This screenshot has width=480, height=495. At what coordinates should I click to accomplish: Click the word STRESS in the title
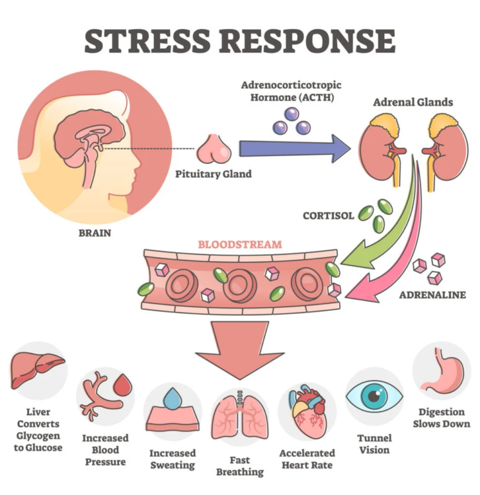(x=147, y=40)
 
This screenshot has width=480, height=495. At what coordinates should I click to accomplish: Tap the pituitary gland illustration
(x=214, y=150)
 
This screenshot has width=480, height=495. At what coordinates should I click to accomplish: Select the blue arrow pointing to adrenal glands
(x=295, y=148)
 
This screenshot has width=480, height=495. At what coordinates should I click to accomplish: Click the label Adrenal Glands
(x=412, y=102)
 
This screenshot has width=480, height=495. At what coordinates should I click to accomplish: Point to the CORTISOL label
(x=328, y=216)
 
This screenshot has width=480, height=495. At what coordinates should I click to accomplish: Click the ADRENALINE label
(x=432, y=295)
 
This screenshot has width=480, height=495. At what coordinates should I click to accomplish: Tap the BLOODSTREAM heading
(x=240, y=244)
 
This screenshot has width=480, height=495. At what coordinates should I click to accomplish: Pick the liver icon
(x=37, y=370)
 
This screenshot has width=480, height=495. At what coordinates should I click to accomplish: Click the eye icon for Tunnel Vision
(x=374, y=395)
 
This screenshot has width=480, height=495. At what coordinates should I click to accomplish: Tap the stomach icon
(x=443, y=371)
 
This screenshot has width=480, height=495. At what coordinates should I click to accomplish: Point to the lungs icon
(x=240, y=416)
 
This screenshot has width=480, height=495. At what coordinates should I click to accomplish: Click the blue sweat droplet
(x=173, y=398)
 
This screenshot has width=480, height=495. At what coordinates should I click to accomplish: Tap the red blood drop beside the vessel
(x=123, y=384)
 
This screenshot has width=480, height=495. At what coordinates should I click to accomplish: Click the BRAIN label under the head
(x=95, y=233)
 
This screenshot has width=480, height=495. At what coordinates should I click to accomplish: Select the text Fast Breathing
(x=240, y=466)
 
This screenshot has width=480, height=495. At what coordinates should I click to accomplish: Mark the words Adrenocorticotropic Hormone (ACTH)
(x=291, y=91)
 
